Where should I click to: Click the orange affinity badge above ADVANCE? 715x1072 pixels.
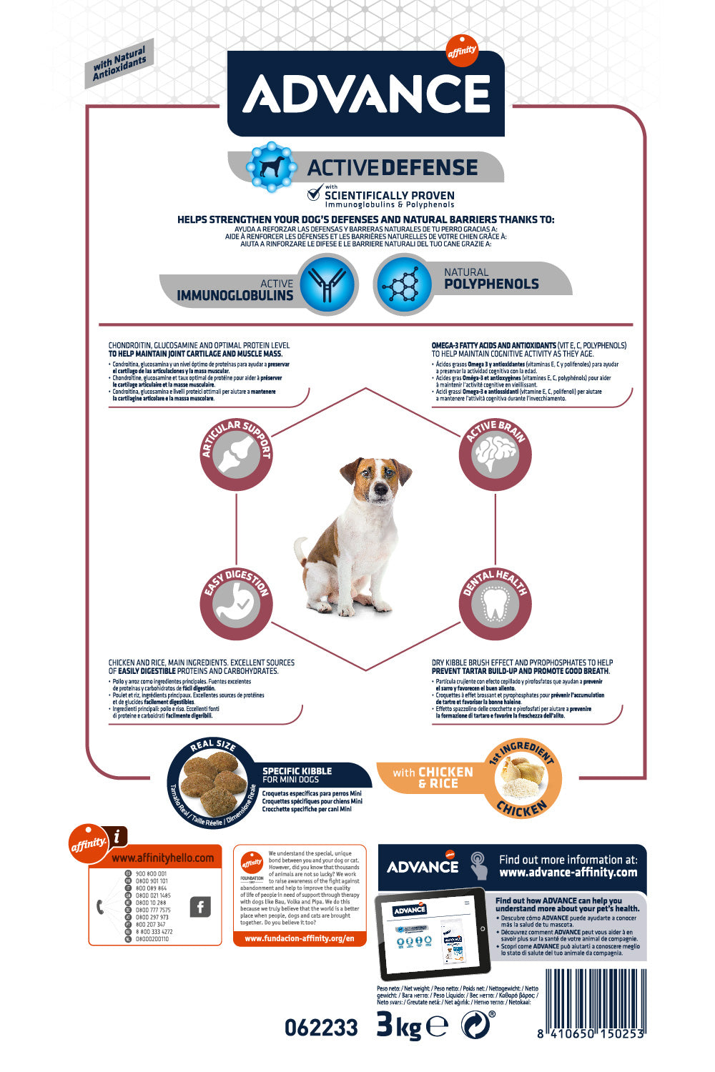click(x=462, y=51)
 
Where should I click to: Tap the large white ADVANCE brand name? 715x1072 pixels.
click(x=366, y=94)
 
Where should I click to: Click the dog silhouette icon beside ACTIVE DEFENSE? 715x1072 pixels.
click(x=270, y=167)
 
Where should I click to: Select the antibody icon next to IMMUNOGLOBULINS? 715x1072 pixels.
click(x=327, y=285)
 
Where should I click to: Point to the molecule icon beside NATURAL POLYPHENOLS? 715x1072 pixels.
click(x=403, y=285)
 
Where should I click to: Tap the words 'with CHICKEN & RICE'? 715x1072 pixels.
click(x=433, y=778)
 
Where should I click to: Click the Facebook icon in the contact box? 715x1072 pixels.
click(x=200, y=907)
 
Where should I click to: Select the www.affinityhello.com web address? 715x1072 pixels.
click(x=162, y=858)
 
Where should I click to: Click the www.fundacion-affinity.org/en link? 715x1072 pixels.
click(x=300, y=938)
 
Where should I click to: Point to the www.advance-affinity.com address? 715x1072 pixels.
click(x=568, y=873)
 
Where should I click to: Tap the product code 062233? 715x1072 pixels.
click(x=321, y=1028)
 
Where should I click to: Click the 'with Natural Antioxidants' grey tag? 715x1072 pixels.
click(x=119, y=64)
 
